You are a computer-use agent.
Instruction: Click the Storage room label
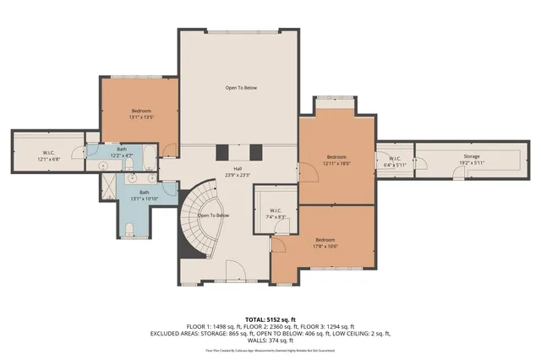point(471,158)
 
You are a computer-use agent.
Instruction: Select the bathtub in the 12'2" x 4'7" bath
point(149,157)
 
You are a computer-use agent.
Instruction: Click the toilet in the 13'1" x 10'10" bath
point(127,229)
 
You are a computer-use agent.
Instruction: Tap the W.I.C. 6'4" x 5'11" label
point(395,161)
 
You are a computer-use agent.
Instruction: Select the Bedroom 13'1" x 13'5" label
point(141,114)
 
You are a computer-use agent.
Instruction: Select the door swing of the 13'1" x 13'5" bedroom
point(169,150)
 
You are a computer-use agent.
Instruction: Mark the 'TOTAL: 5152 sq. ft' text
point(270,319)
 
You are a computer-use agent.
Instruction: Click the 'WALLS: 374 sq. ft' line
point(270,340)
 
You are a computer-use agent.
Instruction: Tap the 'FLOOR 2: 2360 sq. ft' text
point(270,326)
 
